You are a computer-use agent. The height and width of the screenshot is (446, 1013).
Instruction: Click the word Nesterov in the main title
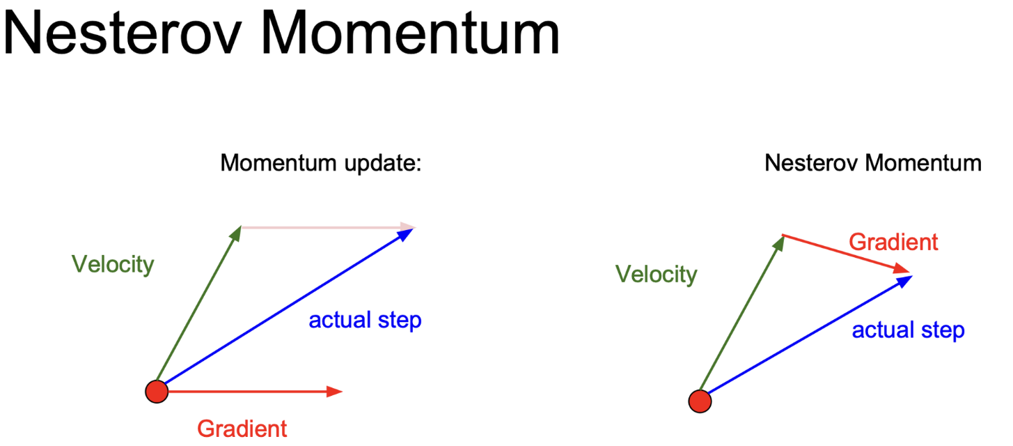click(x=122, y=33)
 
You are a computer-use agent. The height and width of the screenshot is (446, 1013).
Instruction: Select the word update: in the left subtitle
click(x=383, y=164)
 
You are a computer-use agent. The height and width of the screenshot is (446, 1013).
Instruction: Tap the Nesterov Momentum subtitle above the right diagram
click(x=873, y=162)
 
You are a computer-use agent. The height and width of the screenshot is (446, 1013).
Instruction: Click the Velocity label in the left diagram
click(x=113, y=264)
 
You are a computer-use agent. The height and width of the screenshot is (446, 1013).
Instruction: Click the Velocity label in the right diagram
click(x=657, y=275)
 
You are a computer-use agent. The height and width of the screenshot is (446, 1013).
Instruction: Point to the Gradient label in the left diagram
click(x=242, y=429)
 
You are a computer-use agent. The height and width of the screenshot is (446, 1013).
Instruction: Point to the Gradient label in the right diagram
click(x=893, y=243)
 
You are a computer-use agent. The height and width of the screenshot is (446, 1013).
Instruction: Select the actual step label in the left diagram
click(x=365, y=320)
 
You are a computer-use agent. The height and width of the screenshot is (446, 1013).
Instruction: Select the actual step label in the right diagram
click(x=908, y=330)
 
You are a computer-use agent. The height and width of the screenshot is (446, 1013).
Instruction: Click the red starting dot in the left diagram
click(x=157, y=392)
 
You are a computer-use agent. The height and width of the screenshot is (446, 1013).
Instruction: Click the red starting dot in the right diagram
click(x=700, y=401)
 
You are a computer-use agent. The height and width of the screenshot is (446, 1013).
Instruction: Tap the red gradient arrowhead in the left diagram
click(x=334, y=392)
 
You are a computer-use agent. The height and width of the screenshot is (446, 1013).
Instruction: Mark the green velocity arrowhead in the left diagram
click(x=236, y=233)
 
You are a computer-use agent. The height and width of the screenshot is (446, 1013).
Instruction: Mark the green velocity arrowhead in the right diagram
click(x=779, y=243)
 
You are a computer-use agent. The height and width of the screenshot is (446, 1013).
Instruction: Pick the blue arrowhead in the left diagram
click(x=406, y=234)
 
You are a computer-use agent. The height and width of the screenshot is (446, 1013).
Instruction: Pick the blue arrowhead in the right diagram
click(x=904, y=281)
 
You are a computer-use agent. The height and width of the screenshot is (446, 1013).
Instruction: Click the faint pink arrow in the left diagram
click(x=329, y=227)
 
